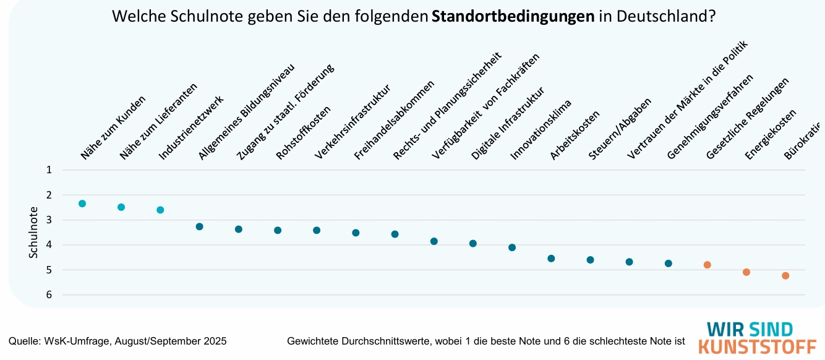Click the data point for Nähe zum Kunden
click(x=82, y=204)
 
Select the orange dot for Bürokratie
click(x=785, y=276)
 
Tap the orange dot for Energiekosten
click(x=746, y=272)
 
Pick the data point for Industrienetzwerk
click(x=160, y=210)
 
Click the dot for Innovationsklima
click(x=512, y=247)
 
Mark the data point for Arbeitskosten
click(x=551, y=258)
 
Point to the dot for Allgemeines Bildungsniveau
click(x=199, y=226)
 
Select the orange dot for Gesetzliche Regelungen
click(x=707, y=265)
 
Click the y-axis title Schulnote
click(x=33, y=233)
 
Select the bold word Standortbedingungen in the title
click(x=513, y=17)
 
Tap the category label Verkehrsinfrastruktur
click(x=352, y=122)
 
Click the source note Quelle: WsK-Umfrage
click(x=118, y=341)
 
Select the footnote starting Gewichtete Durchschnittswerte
click(x=487, y=341)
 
